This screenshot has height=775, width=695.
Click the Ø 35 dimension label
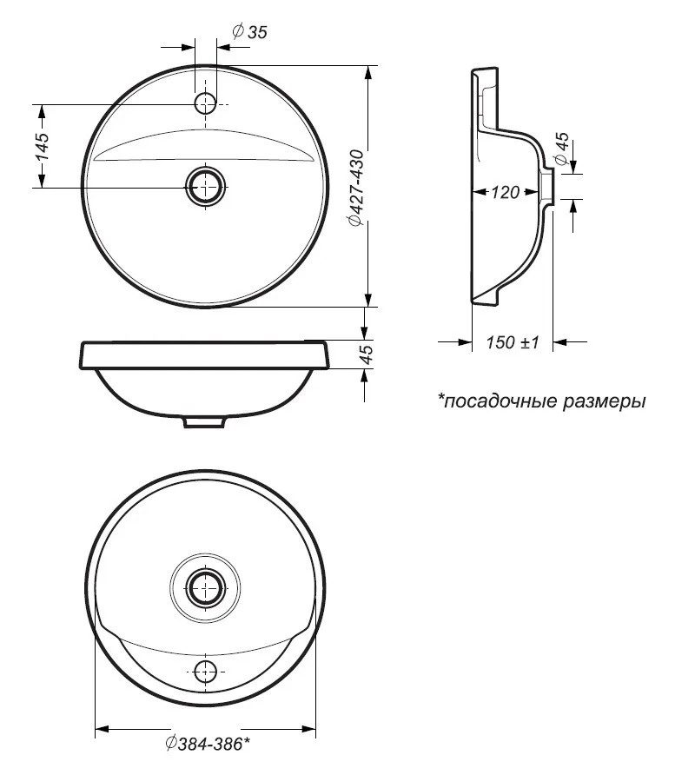pos(249,31)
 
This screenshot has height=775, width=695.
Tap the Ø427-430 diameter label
pos(356,188)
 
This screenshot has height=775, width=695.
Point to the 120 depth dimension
pos(506,192)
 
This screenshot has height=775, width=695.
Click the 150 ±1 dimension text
pos(512,342)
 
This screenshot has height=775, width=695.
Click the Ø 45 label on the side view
pos(562,149)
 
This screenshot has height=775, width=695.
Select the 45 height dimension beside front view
pos(367,354)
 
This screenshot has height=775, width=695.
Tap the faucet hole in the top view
pos(205,104)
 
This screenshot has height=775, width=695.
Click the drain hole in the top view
pos(205,187)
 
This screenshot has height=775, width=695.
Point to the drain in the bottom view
pos(205,587)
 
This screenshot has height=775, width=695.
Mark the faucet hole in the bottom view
pos(205,672)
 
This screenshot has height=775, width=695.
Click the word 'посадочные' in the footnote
pos(500,401)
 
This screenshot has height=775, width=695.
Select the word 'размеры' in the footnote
pos(604,401)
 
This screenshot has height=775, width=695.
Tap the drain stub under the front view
pos(205,421)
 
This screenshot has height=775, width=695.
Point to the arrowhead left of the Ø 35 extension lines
pos(187,48)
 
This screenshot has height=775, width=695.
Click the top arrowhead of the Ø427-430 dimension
pos(367,74)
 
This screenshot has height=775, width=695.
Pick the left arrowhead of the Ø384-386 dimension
pos(103,729)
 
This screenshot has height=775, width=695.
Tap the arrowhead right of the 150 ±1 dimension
pos(561,341)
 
